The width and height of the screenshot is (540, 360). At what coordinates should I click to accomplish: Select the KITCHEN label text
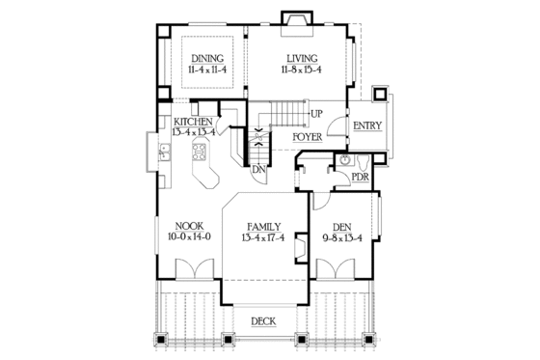coord(195,121)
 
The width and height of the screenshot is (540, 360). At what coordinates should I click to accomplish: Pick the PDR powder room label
coord(360,179)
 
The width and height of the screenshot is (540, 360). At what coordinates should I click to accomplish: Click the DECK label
coord(264,321)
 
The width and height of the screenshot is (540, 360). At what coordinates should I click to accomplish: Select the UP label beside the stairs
coord(316,114)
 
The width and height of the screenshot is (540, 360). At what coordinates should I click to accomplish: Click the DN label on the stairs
coord(258,170)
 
